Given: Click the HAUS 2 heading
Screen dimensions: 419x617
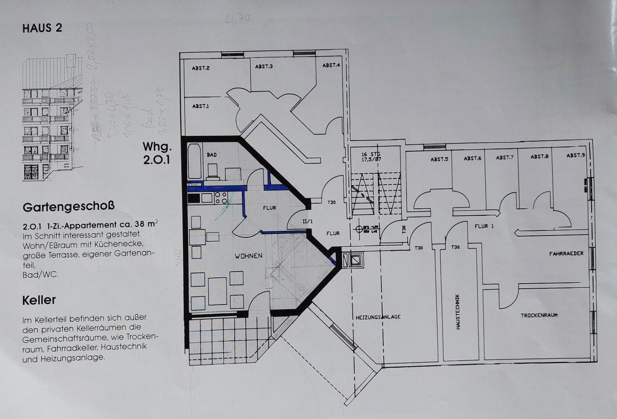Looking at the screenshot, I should tap(42, 28).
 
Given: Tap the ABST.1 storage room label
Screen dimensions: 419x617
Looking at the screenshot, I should tap(201, 106).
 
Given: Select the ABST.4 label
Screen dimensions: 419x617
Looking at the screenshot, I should tap(331, 65).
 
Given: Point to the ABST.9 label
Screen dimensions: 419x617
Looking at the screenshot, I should tap(576, 155).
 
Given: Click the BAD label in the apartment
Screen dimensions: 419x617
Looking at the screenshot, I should tap(212, 155).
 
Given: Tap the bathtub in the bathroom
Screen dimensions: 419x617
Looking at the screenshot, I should tap(194, 162).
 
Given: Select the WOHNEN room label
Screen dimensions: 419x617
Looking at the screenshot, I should tap(248, 256).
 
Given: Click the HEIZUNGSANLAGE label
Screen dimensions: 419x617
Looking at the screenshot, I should tap(378, 317).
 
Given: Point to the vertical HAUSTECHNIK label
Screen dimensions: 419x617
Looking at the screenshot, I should tap(458, 311).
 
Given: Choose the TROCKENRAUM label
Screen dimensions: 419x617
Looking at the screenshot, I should tap(539, 315).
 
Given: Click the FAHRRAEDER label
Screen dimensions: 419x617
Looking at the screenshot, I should tap(566, 253).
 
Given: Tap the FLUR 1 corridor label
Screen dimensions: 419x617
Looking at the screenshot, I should tap(484, 226).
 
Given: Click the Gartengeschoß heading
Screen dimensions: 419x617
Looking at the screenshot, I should tap(69, 207).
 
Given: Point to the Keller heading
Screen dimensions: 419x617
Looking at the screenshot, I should tap(39, 300).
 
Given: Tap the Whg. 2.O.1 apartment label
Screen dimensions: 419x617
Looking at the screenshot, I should tap(157, 153).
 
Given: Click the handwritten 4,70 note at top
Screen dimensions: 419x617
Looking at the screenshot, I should tap(238, 19).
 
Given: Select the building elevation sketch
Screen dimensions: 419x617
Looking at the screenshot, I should tap(52, 119).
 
